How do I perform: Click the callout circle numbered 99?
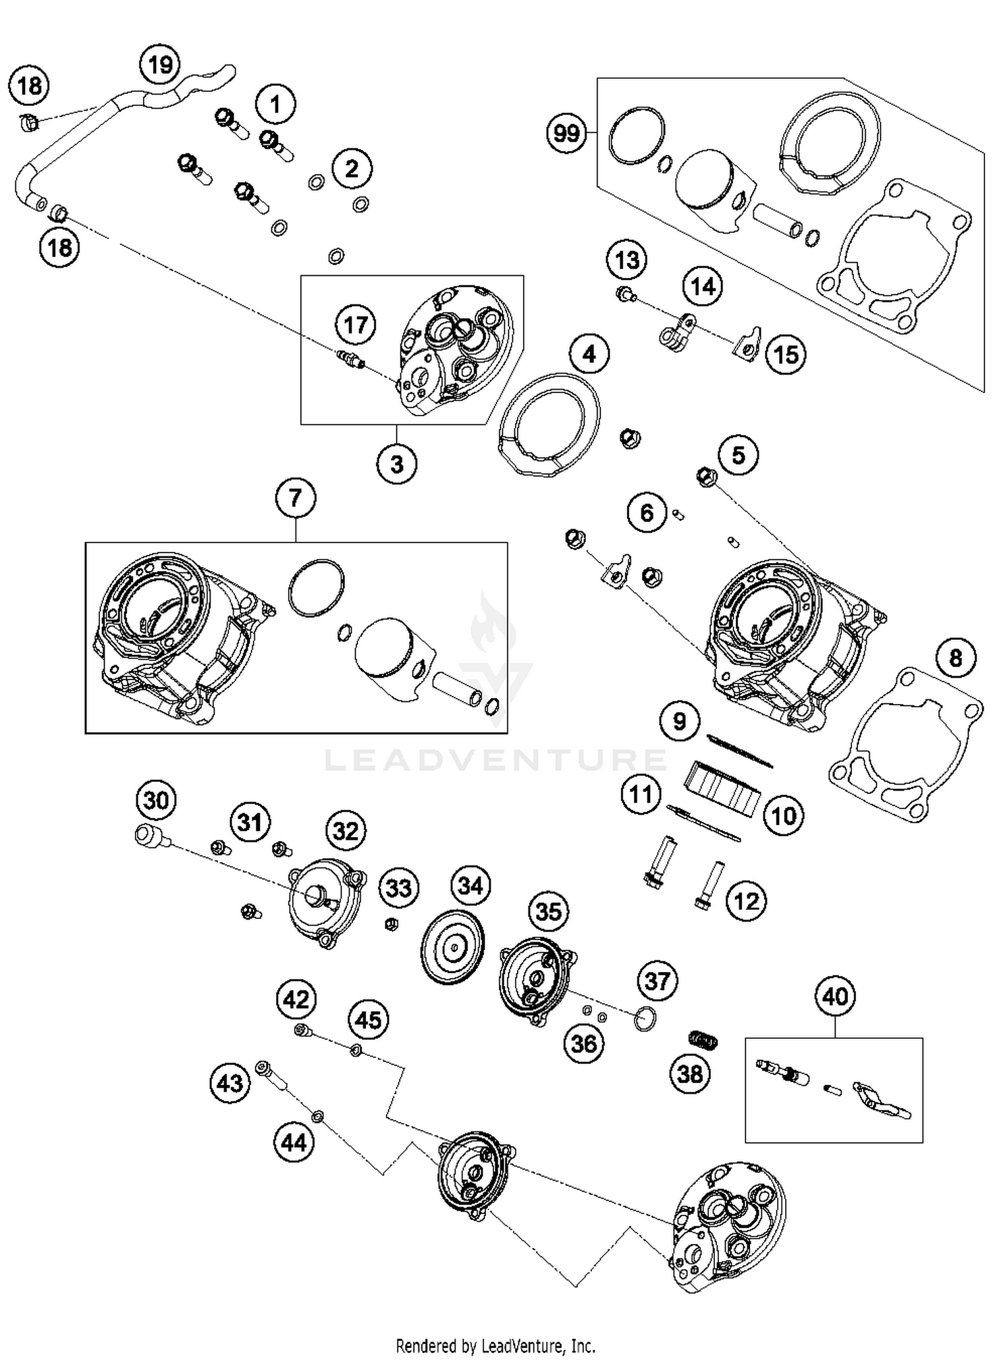click(x=566, y=134)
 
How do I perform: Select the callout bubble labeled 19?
click(x=160, y=65)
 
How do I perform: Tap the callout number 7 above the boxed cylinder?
click(x=295, y=497)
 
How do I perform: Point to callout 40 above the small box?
click(x=834, y=996)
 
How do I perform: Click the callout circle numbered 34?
click(x=471, y=885)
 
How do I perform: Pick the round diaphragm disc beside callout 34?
click(x=453, y=950)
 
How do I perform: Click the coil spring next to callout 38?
click(x=703, y=1039)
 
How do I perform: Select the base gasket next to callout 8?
click(x=905, y=744)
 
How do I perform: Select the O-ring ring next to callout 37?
click(x=644, y=1019)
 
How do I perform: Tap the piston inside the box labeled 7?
click(x=391, y=652)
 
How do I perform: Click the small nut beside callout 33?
click(x=391, y=923)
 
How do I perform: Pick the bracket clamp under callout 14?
click(x=677, y=334)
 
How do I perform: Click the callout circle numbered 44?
click(x=295, y=1142)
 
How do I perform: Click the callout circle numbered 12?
click(x=747, y=901)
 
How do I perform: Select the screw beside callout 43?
click(x=271, y=1076)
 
